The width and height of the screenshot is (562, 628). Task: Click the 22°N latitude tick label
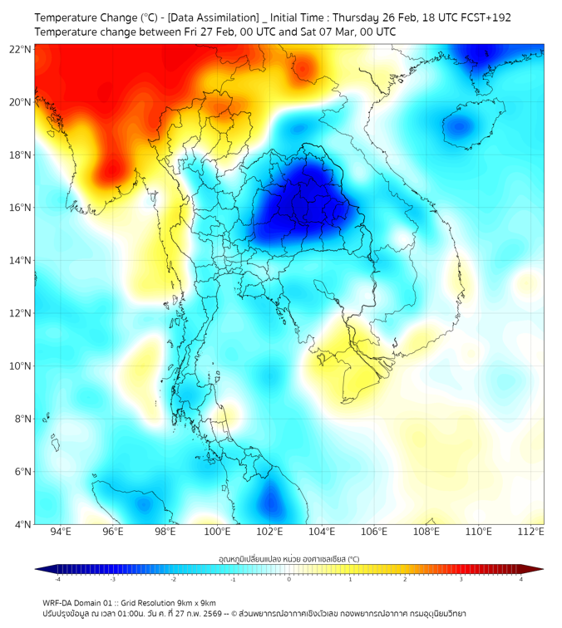point(21,49)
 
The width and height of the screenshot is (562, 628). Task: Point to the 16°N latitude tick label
point(21,208)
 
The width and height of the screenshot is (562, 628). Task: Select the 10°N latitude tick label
point(21,366)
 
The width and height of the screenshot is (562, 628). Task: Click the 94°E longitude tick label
point(61,532)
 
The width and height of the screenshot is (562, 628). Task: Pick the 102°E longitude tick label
point(269,532)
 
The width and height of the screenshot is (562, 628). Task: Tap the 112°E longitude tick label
point(531,532)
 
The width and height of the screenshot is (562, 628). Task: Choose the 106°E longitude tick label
point(374,532)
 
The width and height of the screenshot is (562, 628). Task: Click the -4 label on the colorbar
point(57,580)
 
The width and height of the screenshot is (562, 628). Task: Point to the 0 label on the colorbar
point(289,580)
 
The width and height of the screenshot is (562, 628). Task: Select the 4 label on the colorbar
point(521,580)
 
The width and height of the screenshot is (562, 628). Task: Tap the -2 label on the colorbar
point(173,580)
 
